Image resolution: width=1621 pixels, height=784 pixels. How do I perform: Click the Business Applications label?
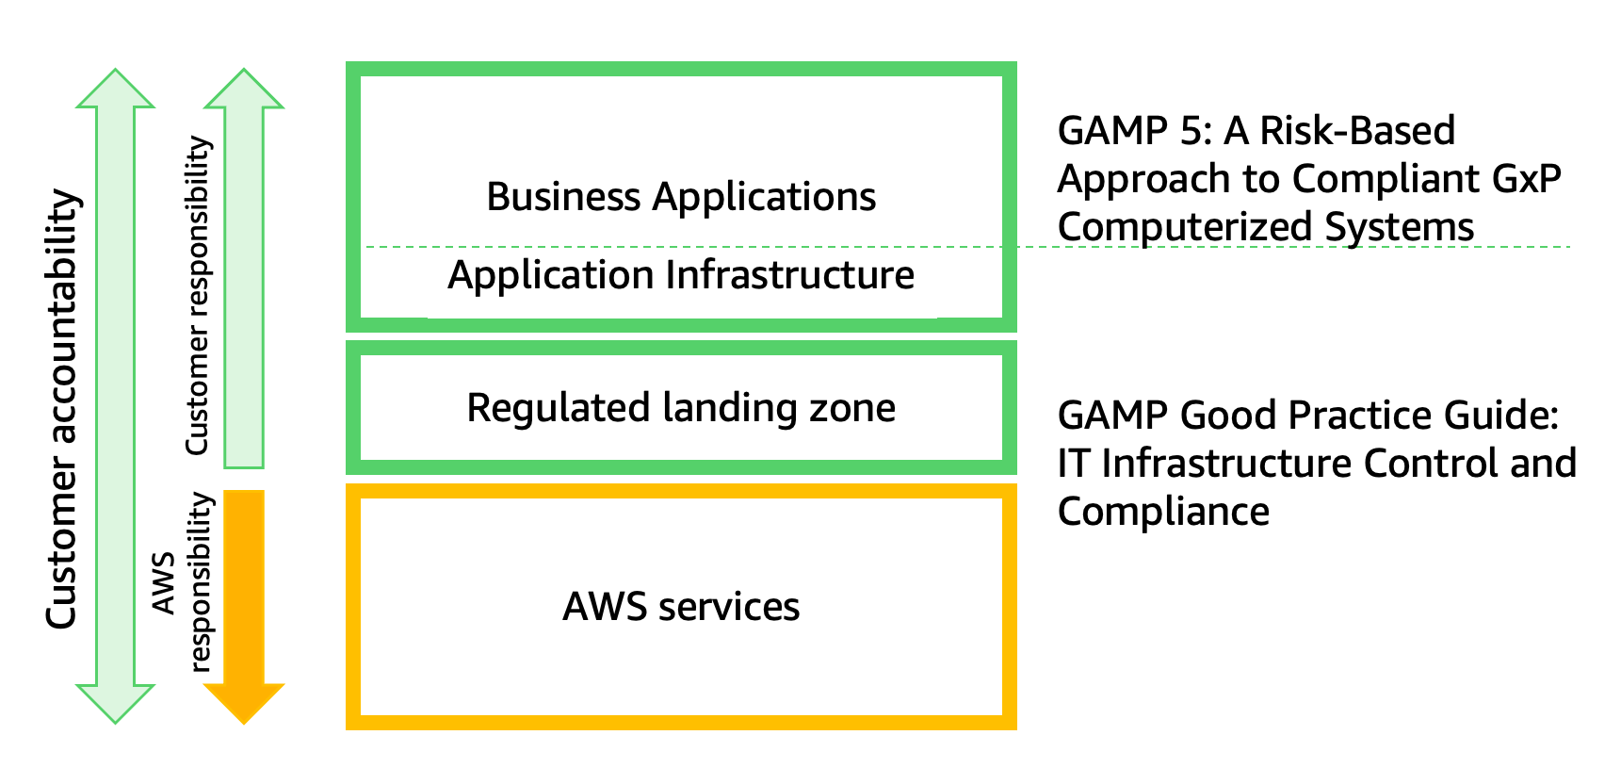(680, 197)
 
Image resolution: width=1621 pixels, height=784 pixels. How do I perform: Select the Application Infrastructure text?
(680, 275)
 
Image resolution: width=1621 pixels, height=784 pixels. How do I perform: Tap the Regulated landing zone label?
(680, 408)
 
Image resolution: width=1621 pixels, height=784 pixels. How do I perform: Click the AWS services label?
(680, 607)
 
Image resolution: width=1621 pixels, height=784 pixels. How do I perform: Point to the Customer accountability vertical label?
(62, 409)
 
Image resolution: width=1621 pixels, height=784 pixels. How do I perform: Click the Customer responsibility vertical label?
(198, 296)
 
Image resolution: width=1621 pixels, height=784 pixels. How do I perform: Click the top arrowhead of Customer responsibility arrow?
(244, 90)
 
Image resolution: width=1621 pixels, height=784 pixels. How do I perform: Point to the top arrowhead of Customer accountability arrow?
(115, 90)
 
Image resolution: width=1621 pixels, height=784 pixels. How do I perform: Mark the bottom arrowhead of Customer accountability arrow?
(115, 701)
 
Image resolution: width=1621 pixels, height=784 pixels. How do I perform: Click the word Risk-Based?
(1357, 131)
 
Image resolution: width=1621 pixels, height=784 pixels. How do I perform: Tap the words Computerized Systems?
(1266, 227)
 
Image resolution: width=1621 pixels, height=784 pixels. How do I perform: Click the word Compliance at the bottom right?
(1163, 512)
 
